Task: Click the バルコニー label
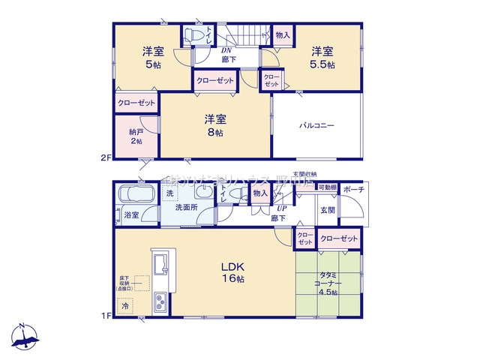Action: (x=318, y=125)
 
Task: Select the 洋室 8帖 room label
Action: (x=215, y=125)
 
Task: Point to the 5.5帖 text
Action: (x=324, y=65)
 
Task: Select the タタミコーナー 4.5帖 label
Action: (x=328, y=284)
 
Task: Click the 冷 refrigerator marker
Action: (x=125, y=307)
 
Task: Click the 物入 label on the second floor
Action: (x=283, y=34)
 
